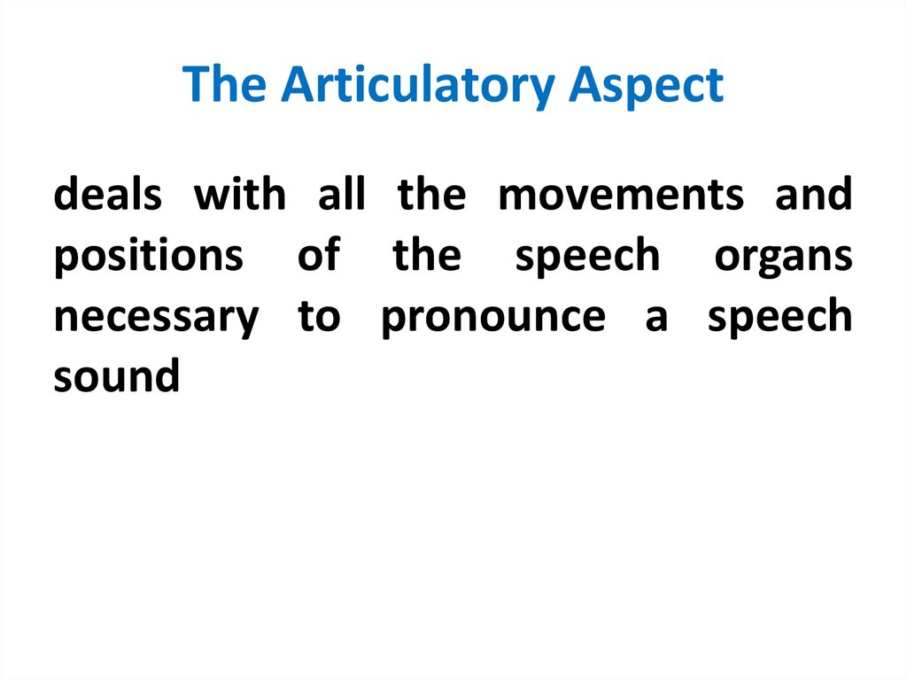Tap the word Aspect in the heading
pyautogui.click(x=647, y=86)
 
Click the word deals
pyautogui.click(x=107, y=195)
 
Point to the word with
pyautogui.click(x=240, y=195)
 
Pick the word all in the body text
pyautogui.click(x=341, y=195)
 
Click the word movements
pyautogui.click(x=621, y=195)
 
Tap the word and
pyautogui.click(x=813, y=195)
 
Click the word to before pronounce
pyautogui.click(x=319, y=318)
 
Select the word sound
pyautogui.click(x=116, y=378)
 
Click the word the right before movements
pyautogui.click(x=431, y=195)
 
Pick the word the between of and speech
pyautogui.click(x=427, y=256)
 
